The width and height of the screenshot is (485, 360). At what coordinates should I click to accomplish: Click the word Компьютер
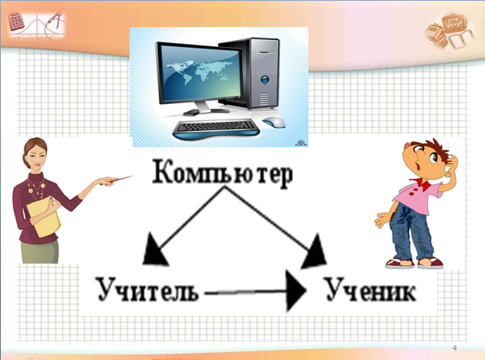coord(222,173)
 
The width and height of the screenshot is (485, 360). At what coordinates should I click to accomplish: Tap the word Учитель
coord(147,289)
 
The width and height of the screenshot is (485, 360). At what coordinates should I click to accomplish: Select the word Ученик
coord(371,289)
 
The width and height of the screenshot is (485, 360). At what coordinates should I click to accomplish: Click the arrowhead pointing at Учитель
coord(154,251)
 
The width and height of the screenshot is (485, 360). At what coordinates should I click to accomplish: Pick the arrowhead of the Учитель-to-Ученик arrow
coord(295,291)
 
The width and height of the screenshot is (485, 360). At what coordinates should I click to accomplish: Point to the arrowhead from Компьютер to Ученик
coord(315,252)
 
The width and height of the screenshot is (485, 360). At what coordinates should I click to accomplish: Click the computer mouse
coord(274,122)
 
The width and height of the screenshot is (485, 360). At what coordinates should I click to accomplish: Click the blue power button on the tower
coord(264,79)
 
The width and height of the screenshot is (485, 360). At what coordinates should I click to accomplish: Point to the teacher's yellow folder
coord(44,217)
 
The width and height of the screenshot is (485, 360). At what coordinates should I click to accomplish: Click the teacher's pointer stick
coord(116,180)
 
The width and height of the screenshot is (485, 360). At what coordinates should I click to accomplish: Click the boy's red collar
coord(423,185)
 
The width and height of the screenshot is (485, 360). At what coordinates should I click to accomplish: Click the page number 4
coord(454,348)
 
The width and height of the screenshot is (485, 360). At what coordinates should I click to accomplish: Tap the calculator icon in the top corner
coord(15,22)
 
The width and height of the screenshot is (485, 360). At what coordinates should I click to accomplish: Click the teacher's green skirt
coord(40,251)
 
